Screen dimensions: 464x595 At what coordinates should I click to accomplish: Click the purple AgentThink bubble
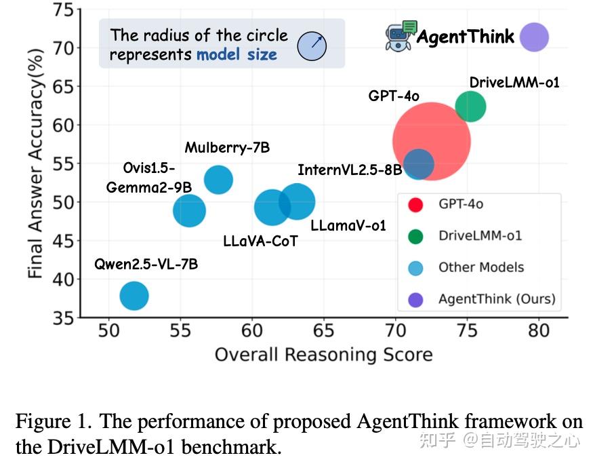tap(534, 37)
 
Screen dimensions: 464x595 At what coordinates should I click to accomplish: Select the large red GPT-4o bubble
tap(432, 141)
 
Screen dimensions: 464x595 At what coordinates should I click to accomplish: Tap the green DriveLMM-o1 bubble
tap(470, 107)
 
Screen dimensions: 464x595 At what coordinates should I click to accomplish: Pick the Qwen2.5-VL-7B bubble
tap(134, 296)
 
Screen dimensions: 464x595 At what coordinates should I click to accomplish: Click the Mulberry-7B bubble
tap(218, 180)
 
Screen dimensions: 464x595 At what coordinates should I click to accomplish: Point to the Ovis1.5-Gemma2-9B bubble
tap(189, 210)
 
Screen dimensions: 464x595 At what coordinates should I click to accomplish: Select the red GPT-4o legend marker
tap(415, 204)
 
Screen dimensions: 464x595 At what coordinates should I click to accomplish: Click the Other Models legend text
tap(480, 267)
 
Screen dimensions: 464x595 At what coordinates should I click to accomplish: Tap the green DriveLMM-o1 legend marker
tap(415, 236)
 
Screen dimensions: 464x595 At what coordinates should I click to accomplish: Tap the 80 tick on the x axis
tap(538, 332)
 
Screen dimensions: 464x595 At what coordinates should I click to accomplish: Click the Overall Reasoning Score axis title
tap(323, 355)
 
